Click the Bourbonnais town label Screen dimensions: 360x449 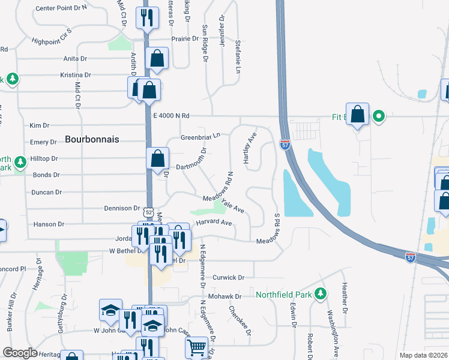(x=92, y=139)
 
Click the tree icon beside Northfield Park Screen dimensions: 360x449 (x=321, y=293)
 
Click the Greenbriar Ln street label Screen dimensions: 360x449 (x=200, y=137)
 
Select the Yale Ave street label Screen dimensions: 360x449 (x=232, y=206)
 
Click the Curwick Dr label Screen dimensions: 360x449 (x=229, y=278)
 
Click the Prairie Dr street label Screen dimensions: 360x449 (x=185, y=38)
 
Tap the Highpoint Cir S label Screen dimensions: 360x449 (x=52, y=35)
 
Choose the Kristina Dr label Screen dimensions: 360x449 (x=75, y=75)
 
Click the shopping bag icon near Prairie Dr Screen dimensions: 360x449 (x=157, y=58)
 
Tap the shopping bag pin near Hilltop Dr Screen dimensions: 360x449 (x=157, y=159)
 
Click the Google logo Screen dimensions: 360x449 (x=20, y=353)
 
